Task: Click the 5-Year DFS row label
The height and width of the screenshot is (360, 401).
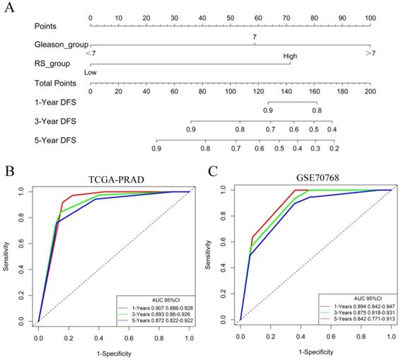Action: coord(55,141)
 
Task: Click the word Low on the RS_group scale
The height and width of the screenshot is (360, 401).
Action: coord(90,72)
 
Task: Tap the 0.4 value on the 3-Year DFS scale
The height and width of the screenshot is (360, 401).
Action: coord(332,130)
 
